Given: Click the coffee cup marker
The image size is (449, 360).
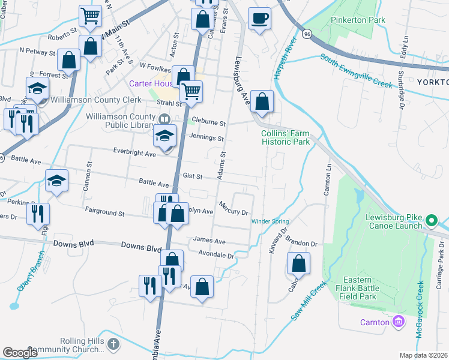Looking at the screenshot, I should (x=259, y=19).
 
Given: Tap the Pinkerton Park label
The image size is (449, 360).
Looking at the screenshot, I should (x=360, y=20).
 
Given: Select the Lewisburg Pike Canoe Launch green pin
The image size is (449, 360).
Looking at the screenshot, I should (x=430, y=221).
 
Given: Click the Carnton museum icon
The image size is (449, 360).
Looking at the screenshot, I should (x=398, y=322).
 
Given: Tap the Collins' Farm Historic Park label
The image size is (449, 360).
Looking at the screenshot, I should (x=285, y=137).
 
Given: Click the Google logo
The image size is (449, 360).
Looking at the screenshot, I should (x=20, y=353).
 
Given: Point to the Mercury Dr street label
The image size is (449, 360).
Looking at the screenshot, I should (x=234, y=208).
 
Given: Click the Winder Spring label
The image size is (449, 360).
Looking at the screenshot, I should (x=270, y=221).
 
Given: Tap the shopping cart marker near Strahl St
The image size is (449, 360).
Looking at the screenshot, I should (x=191, y=92).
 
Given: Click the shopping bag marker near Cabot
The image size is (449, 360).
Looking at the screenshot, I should (x=298, y=263).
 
